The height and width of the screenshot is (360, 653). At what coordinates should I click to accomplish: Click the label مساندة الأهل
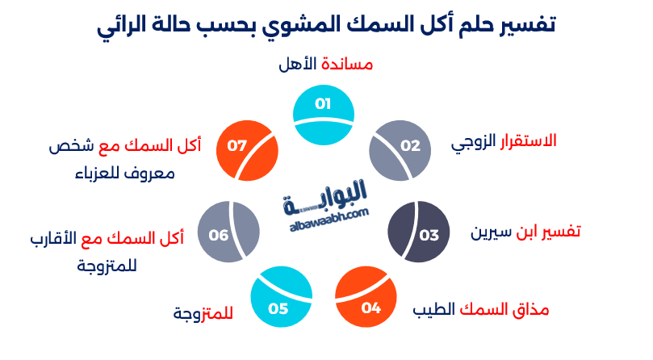324,64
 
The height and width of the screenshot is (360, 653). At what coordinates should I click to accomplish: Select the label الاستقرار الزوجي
504,141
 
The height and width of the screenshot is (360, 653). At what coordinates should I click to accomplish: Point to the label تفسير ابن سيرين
525,232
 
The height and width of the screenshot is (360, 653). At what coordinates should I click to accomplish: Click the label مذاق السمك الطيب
481,308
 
